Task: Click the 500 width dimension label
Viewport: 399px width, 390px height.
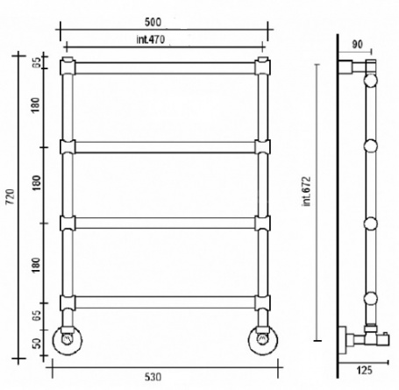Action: click(153, 22)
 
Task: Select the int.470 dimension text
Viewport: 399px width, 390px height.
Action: click(151, 39)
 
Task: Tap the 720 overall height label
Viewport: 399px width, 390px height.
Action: click(11, 196)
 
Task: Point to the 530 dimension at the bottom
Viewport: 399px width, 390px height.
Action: click(153, 377)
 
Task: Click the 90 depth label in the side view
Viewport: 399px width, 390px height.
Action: click(357, 45)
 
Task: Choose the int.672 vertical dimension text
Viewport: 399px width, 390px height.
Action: click(307, 191)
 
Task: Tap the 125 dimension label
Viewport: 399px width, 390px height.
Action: click(364, 371)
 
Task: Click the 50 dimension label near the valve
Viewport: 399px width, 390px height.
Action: click(37, 344)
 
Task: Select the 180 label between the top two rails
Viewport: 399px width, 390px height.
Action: click(35, 105)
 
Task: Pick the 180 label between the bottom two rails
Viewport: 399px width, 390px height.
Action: click(36, 266)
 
